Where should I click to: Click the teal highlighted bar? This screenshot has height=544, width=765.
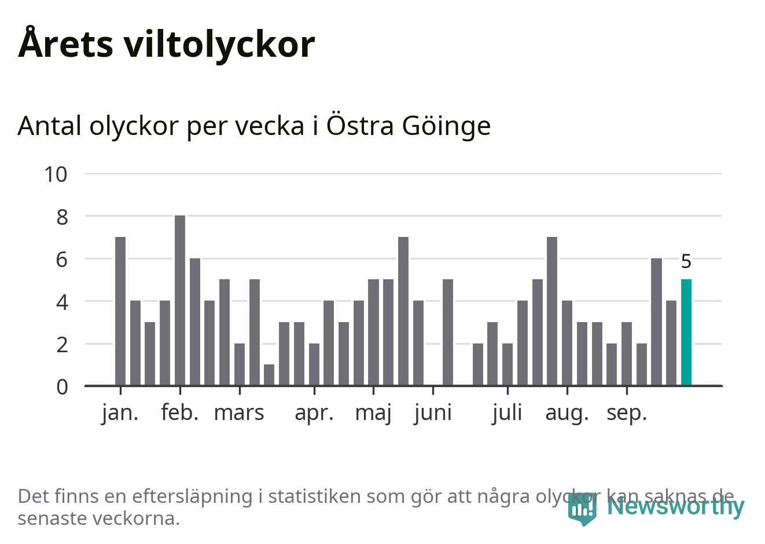(x=686, y=333)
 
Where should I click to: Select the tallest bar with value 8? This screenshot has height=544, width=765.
(x=180, y=300)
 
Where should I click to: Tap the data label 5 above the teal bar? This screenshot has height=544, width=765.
(x=686, y=262)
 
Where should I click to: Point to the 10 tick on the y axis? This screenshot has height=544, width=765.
(x=56, y=174)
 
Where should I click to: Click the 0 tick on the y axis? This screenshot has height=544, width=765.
(x=62, y=386)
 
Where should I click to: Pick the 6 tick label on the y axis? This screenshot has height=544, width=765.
(x=62, y=260)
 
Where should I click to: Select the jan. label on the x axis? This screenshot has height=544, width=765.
(x=120, y=413)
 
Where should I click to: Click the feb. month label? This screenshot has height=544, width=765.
(x=180, y=413)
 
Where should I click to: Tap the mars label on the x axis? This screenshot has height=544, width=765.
(x=239, y=413)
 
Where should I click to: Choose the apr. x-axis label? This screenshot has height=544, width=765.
(x=314, y=413)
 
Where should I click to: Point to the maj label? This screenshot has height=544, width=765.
(x=373, y=413)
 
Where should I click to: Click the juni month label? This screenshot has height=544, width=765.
(x=433, y=413)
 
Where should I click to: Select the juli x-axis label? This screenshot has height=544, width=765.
(x=507, y=413)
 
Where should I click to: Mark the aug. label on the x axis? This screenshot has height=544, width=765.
(x=567, y=413)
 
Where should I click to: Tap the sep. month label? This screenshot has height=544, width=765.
(x=626, y=413)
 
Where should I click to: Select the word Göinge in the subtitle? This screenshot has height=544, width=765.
(x=446, y=126)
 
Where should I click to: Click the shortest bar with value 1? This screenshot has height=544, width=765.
(x=269, y=375)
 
